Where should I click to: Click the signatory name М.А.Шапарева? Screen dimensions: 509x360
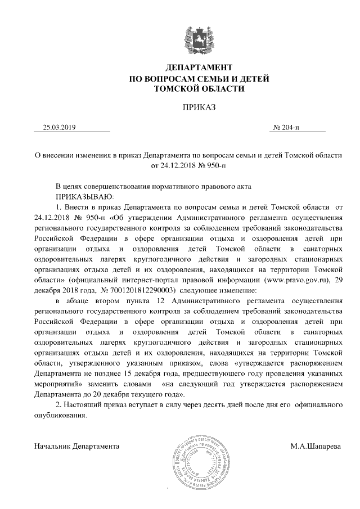[316, 447]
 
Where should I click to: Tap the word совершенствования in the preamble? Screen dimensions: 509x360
[129, 186]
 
